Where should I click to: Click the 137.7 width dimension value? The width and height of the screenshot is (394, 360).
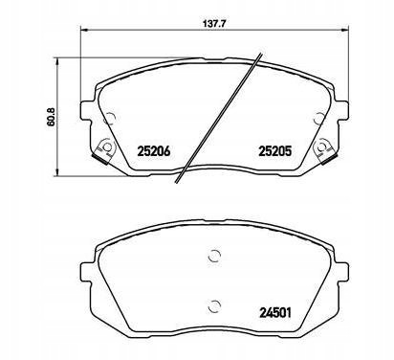click(211, 23)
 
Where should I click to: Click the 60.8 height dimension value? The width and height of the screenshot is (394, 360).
click(51, 117)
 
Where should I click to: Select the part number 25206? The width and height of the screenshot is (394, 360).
click(154, 151)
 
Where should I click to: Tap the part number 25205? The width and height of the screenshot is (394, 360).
click(275, 151)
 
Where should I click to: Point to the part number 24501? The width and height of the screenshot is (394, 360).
click(275, 313)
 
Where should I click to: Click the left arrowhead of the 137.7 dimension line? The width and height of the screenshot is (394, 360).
click(83, 31)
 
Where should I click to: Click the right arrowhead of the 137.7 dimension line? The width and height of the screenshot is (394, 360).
click(345, 31)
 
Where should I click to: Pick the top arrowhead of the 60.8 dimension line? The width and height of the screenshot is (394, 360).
click(56, 61)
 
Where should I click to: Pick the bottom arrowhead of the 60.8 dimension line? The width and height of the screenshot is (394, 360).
click(56, 172)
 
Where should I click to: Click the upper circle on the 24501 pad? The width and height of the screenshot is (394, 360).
click(214, 256)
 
